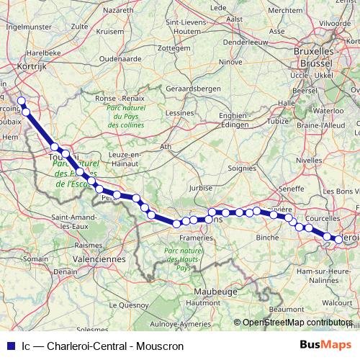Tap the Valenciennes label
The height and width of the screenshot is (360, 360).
(99, 258)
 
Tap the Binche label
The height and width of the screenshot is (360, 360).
(267, 236)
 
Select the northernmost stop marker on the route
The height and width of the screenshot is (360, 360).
(22, 102)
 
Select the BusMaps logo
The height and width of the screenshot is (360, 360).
(326, 345)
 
